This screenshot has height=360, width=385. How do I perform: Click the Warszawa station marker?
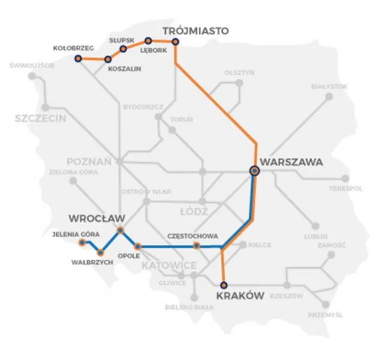(x=255, y=171)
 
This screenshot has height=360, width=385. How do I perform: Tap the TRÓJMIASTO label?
(x=196, y=31)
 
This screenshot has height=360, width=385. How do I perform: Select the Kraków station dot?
(x=224, y=286)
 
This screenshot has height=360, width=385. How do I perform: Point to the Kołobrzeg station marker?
(x=78, y=58)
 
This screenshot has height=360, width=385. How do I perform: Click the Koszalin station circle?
(x=109, y=59)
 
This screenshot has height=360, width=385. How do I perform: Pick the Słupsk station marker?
(x=124, y=49)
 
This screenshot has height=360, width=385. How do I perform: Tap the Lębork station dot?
(x=148, y=41)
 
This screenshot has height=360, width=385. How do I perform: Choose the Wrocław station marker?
(x=121, y=230)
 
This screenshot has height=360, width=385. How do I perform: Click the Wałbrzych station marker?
(x=100, y=253)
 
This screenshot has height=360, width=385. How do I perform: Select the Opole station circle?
(x=138, y=246)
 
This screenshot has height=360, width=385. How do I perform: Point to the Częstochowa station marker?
(x=196, y=246)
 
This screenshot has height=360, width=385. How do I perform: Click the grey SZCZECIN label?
(x=41, y=119)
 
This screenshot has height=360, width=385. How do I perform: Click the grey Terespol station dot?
(x=345, y=178)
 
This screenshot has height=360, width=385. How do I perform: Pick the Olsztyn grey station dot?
(x=239, y=83)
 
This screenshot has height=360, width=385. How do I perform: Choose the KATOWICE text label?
(x=169, y=265)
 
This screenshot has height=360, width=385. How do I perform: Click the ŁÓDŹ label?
(x=193, y=212)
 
